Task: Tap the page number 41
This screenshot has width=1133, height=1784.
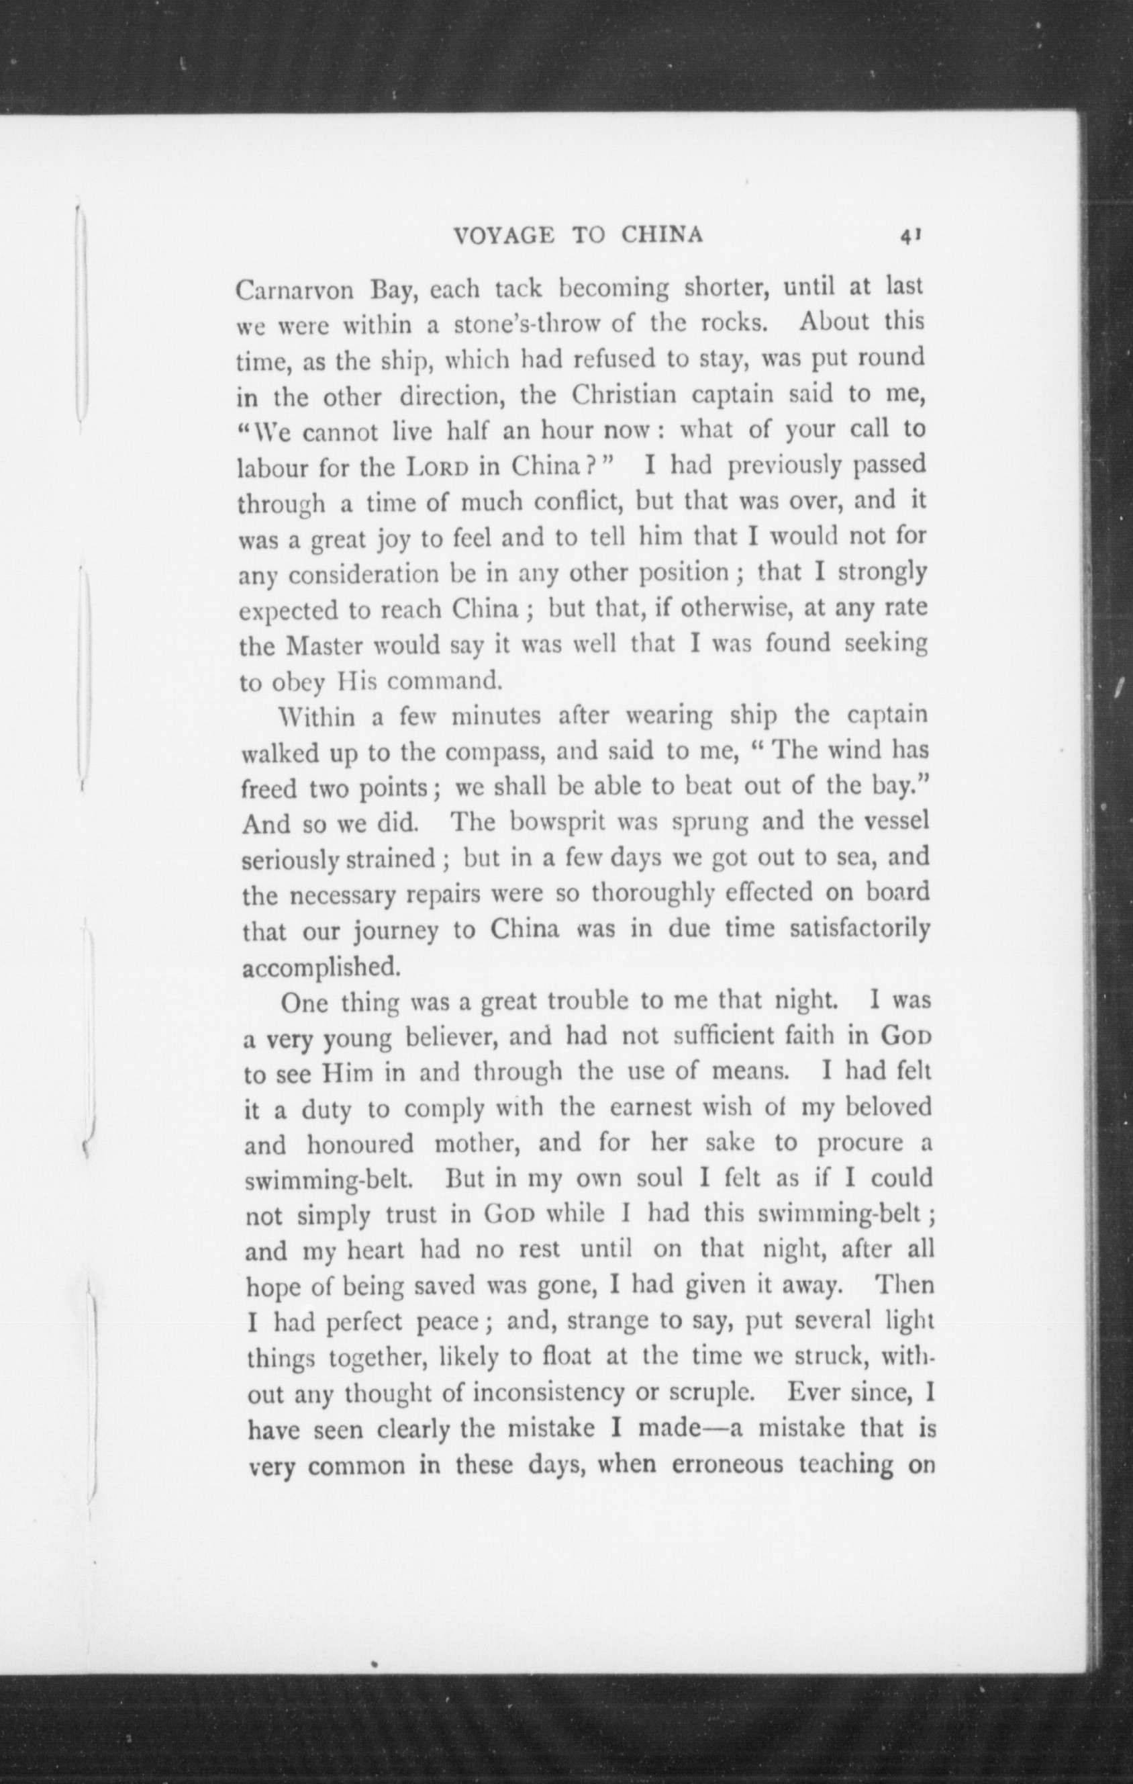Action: [910, 236]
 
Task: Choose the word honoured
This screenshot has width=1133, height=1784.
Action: [360, 1145]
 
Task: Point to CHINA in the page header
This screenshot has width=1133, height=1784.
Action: [662, 235]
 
